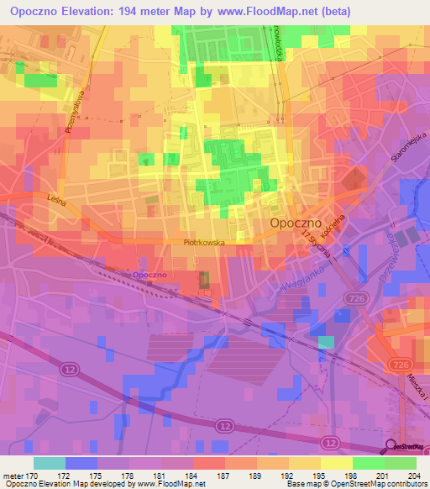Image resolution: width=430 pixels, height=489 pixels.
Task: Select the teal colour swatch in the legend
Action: (50, 463)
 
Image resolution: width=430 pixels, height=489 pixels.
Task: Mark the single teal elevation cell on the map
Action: (326, 342)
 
